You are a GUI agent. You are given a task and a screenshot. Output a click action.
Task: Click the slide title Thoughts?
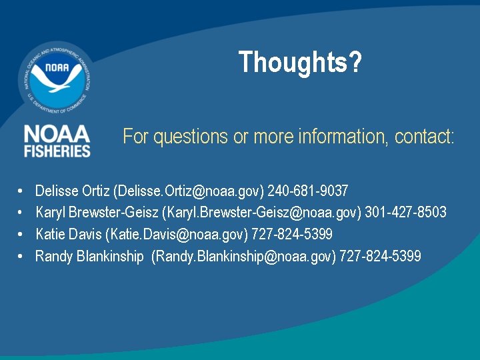pos(300,63)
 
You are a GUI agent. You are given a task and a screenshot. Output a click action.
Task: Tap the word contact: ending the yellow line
pos(424,137)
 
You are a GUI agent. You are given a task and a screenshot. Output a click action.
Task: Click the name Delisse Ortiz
pos(73,191)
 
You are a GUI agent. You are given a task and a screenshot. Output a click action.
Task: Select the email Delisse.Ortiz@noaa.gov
pos(189,191)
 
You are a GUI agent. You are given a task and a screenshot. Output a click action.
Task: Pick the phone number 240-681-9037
pos(307,191)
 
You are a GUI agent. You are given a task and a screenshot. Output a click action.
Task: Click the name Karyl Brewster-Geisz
pos(97,213)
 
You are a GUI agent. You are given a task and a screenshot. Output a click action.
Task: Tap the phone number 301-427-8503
pos(406,213)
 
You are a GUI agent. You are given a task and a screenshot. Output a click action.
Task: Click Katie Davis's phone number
pos(291,234)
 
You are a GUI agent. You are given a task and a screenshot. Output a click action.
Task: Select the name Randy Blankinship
pos(89,256)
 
